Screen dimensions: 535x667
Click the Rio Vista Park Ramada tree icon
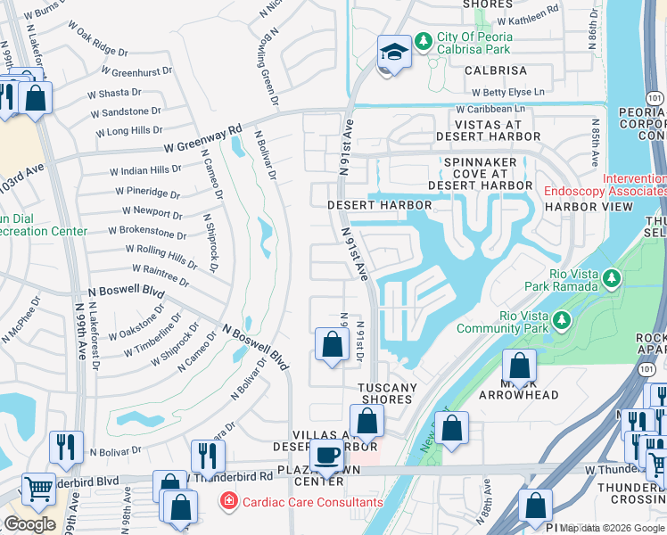tap(612, 280)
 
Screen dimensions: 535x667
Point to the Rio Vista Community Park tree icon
tap(562, 319)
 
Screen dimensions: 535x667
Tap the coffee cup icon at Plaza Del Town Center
tap(327, 455)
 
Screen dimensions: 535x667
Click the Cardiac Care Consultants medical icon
tap(230, 502)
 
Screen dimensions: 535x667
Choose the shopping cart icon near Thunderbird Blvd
tap(38, 488)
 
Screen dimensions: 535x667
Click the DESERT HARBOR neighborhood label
tap(379, 205)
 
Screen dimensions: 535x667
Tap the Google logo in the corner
tap(29, 523)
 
